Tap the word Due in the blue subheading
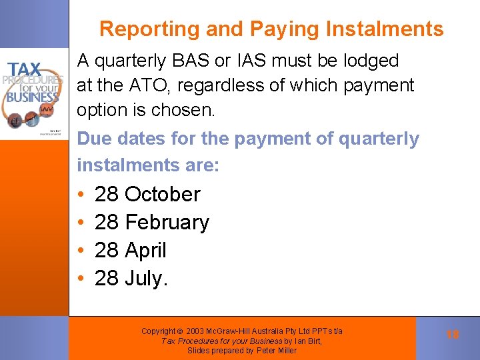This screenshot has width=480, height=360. tap(92, 139)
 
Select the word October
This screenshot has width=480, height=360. tap(162, 195)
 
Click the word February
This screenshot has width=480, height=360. tap(167, 223)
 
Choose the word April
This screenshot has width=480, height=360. tap(145, 251)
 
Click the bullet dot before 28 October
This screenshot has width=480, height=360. tap(80, 195)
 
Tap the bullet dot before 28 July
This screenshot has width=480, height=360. tap(80, 279)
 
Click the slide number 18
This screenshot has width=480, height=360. tap(453, 335)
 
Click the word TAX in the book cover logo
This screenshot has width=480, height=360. tap(24, 70)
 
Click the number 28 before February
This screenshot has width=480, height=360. tap(107, 223)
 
